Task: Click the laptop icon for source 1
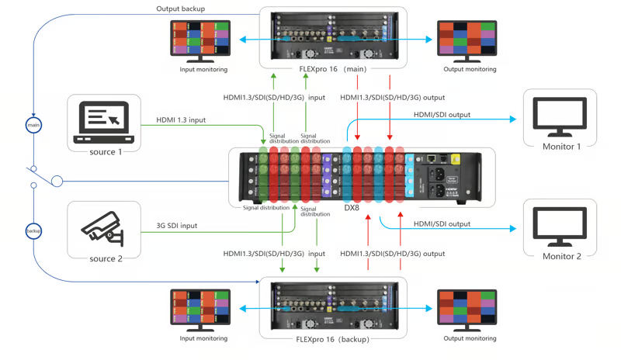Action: pos(103,123)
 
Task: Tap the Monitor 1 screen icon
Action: pos(560,118)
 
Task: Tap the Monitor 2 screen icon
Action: pos(560,227)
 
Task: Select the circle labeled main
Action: pos(33,125)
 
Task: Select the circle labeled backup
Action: pos(33,231)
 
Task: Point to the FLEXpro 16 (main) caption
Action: pos(333,69)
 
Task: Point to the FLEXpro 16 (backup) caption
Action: pos(333,339)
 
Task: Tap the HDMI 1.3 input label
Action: pos(181,120)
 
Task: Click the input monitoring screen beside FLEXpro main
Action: pos(200,40)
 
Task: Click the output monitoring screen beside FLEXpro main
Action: pos(467,40)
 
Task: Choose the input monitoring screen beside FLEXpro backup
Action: pos(200,308)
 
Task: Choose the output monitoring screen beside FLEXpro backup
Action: pos(467,308)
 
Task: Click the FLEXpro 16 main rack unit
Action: pos(333,36)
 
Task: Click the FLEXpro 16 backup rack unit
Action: pos(333,306)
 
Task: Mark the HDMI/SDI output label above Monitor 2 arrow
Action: pos(442,224)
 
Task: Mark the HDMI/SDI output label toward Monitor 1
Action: pos(442,115)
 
